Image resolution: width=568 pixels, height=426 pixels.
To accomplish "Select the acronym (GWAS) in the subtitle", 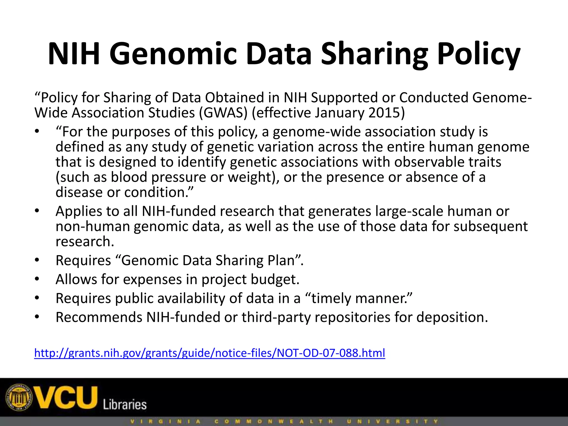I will tap(223, 113).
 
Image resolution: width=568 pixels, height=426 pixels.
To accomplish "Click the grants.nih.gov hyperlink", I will tap(210, 353).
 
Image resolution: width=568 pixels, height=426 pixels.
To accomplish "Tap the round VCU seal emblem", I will tap(20, 397).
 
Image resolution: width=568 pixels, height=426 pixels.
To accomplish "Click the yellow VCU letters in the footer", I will tap(67, 397).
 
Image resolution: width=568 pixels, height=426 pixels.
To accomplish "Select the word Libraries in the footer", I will tap(125, 405).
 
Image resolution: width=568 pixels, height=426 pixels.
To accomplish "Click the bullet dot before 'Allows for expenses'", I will tap(37, 279).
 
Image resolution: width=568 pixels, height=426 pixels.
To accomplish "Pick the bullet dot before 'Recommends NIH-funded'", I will tap(37, 317).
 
